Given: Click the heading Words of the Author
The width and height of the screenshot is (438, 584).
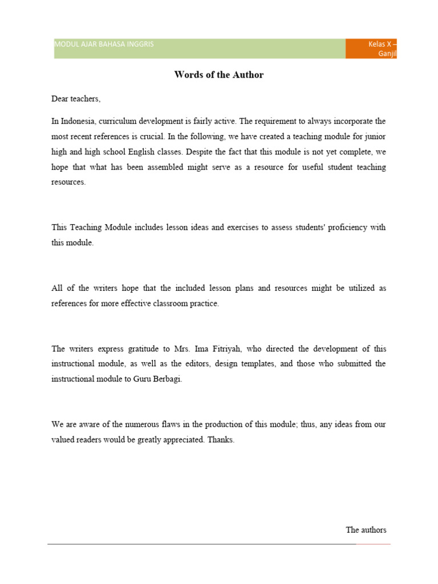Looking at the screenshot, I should point(219,75).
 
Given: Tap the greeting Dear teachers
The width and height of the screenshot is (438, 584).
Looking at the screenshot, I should point(76,99).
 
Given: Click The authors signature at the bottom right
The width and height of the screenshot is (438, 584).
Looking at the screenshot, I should point(366,530).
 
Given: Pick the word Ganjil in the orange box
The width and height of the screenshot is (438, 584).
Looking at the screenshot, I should point(388,54).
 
